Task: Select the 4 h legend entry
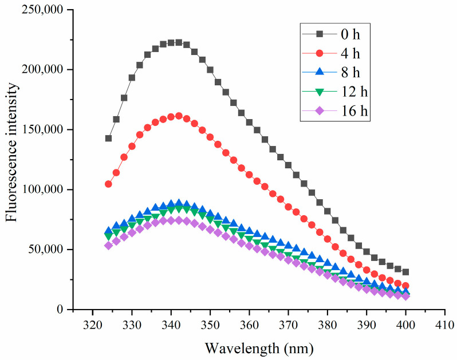coord(334,53)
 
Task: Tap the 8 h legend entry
coord(334,73)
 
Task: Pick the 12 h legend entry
coord(334,92)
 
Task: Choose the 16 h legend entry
coord(334,112)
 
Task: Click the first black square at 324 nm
coord(108,139)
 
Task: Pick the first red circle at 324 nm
coord(108,184)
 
